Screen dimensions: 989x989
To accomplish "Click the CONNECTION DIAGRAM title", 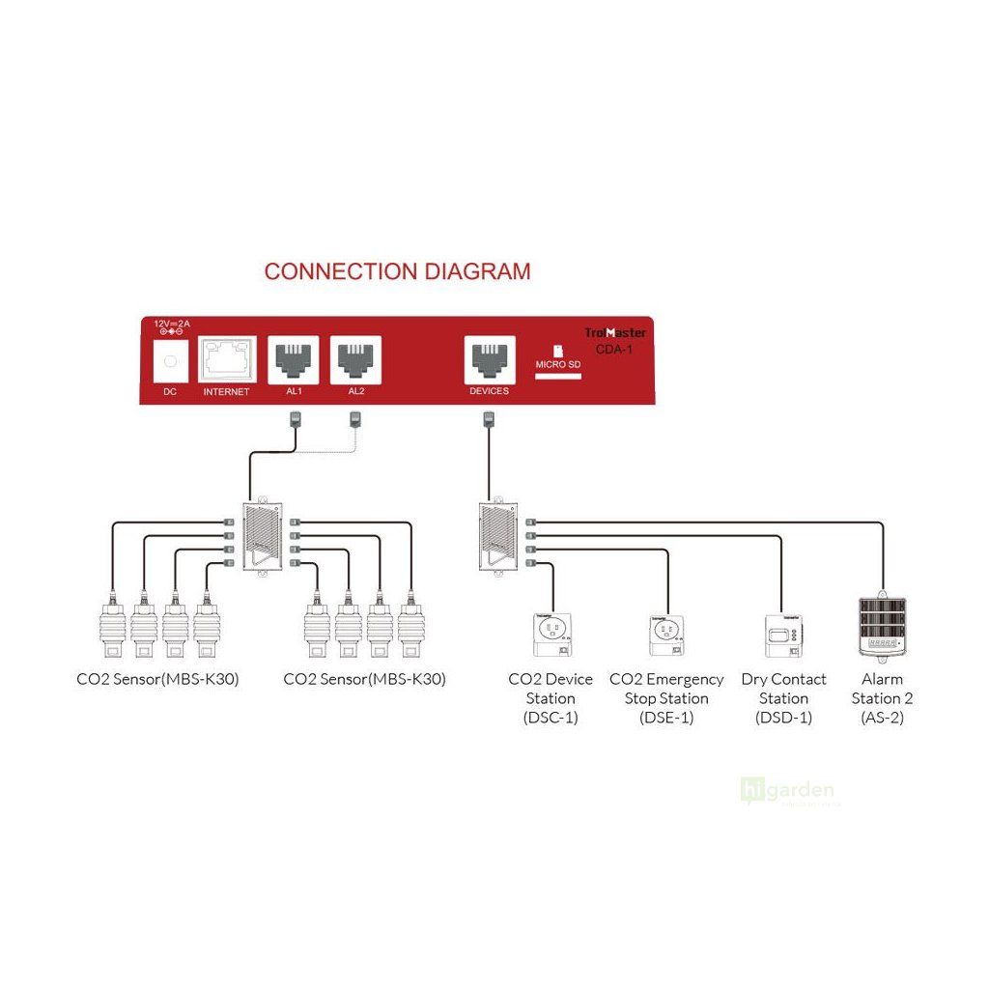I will tap(397, 271).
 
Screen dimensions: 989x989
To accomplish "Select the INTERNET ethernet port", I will tap(227, 360).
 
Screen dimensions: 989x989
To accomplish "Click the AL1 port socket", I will tap(293, 358).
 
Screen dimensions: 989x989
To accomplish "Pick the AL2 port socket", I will tap(356, 358).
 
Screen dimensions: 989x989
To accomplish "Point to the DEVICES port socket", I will tap(489, 358).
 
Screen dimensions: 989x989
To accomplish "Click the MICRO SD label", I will tap(557, 366).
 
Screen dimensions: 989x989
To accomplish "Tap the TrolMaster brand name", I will tap(615, 332).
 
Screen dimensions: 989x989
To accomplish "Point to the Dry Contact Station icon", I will tap(783, 633).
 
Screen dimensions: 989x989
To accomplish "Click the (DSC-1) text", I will tap(550, 718).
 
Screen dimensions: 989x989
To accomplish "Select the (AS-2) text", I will tap(881, 718).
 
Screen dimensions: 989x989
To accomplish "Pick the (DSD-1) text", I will tap(783, 718).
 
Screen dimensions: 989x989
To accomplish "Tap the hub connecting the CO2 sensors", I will tap(263, 538).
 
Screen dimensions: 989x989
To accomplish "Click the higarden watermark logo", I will tap(786, 791).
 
